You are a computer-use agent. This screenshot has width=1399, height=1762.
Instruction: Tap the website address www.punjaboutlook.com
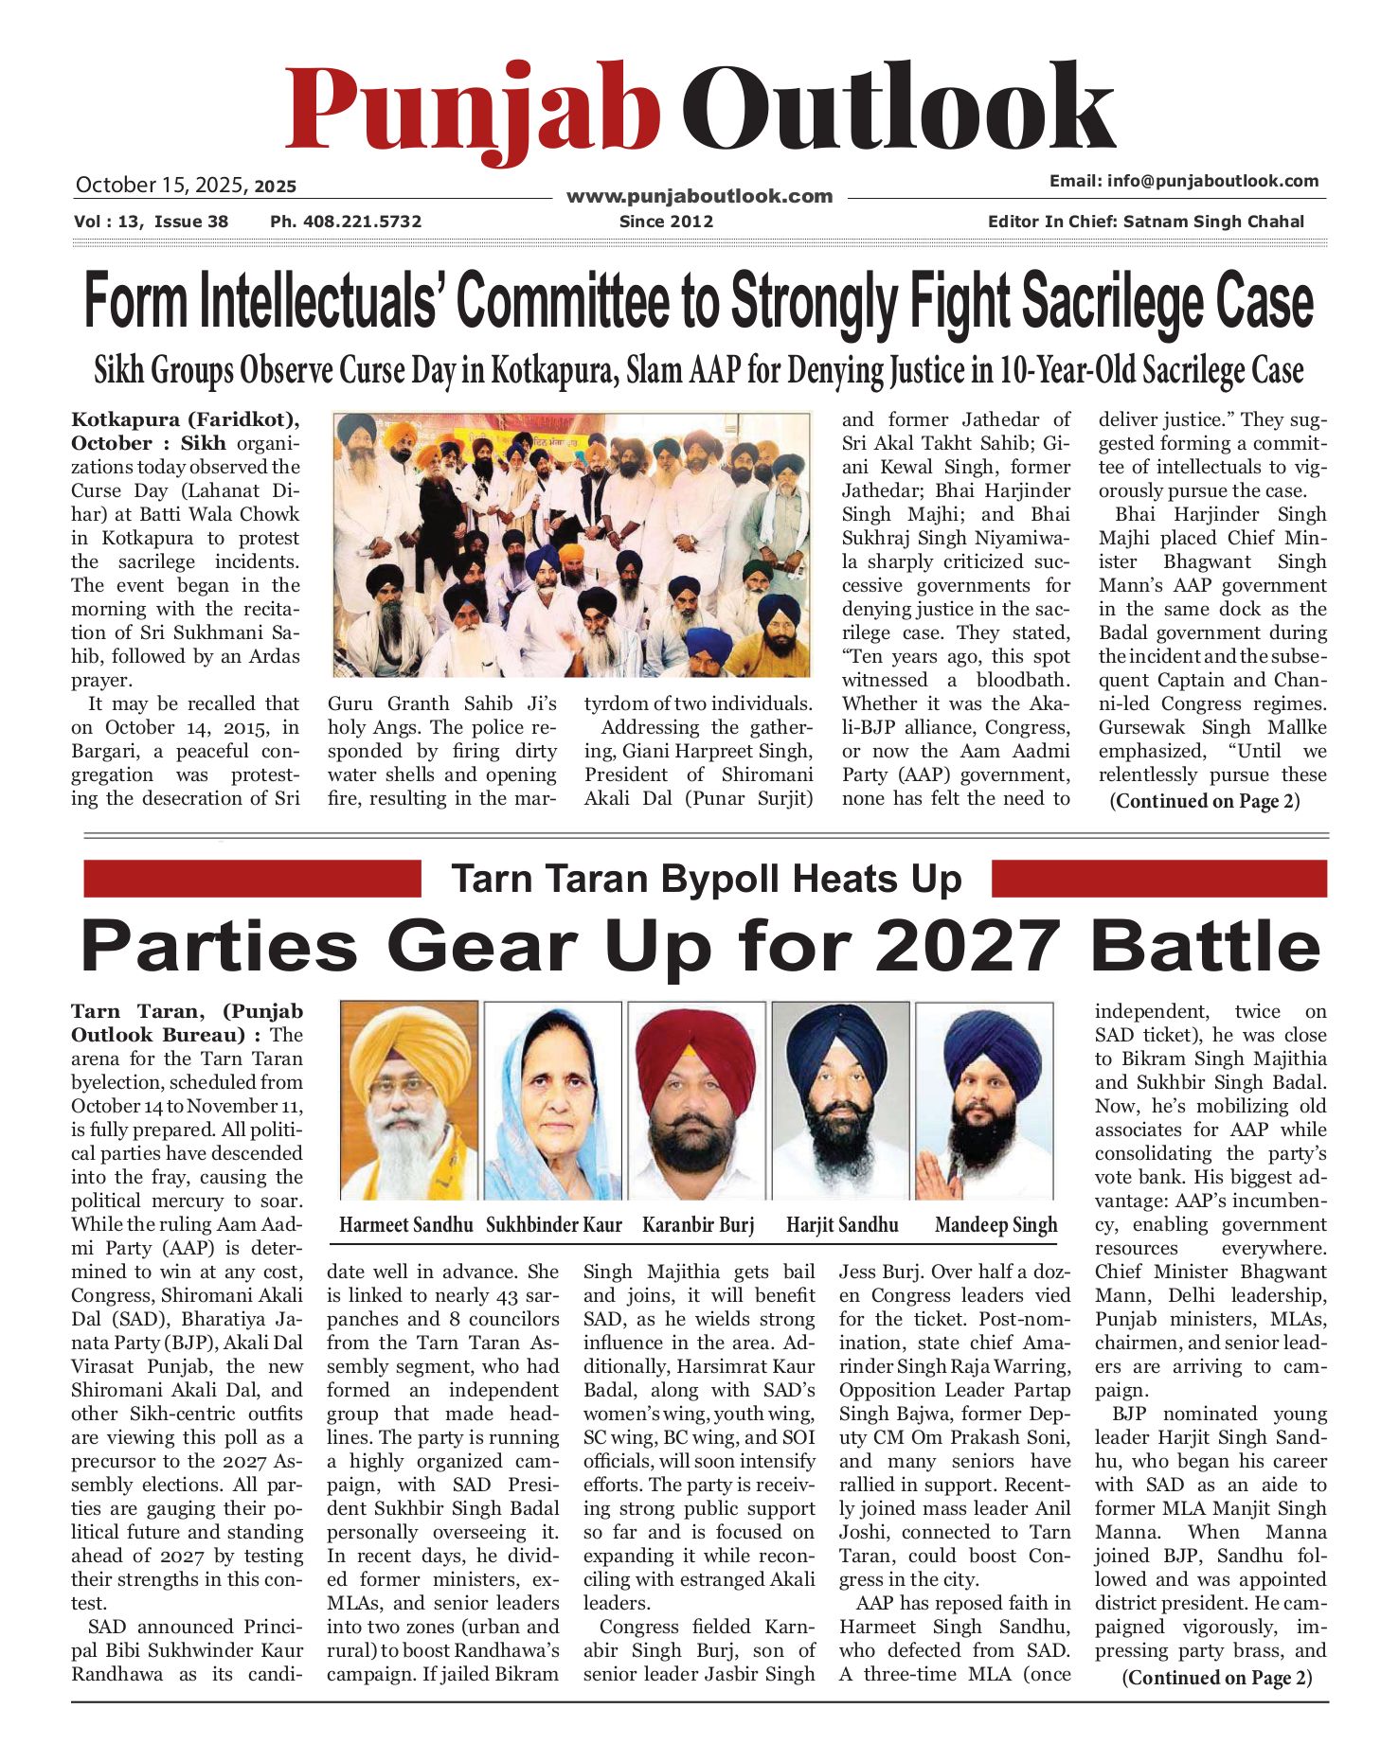click(x=699, y=197)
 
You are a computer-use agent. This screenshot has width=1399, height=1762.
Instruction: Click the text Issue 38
click(x=191, y=222)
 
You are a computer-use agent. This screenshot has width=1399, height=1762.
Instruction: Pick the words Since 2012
click(x=666, y=222)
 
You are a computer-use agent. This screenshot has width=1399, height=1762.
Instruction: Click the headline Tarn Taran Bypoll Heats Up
click(x=706, y=879)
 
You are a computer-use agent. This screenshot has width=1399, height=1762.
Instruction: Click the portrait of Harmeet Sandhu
click(x=408, y=1100)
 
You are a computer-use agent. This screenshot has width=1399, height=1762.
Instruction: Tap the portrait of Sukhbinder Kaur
click(x=552, y=1100)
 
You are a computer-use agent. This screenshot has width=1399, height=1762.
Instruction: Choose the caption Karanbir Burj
click(x=698, y=1225)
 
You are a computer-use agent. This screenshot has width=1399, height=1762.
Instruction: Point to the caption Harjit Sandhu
click(x=842, y=1225)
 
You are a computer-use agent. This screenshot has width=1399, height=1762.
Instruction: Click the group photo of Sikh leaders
click(x=572, y=544)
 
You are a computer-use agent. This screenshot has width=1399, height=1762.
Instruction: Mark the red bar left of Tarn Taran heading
click(x=252, y=879)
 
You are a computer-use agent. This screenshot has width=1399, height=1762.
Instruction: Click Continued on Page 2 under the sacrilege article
click(x=1205, y=801)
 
